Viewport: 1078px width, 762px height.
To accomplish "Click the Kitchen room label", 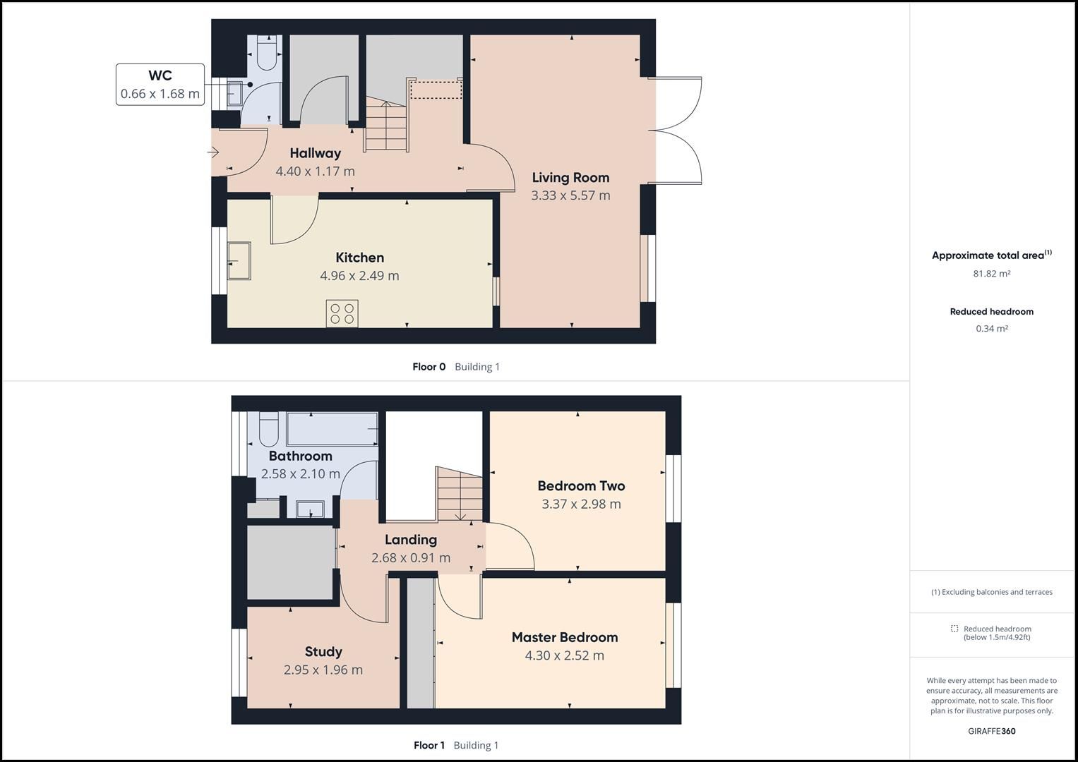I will (x=359, y=258).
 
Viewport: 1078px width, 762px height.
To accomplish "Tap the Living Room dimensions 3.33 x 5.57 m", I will (x=570, y=195).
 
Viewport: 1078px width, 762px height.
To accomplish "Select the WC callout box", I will (x=160, y=85).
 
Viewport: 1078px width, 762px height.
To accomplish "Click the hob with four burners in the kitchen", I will (x=342, y=313).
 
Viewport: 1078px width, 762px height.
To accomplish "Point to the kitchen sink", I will (x=239, y=260).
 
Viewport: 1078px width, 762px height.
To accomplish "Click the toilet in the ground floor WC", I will (x=266, y=55).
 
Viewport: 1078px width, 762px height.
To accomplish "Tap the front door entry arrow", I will (x=213, y=152).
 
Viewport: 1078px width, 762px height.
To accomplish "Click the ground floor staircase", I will (x=386, y=126).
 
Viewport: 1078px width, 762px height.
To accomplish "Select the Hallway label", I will (x=315, y=153).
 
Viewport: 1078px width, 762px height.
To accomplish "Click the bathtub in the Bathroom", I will (x=332, y=429).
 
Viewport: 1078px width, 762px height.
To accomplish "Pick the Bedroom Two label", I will (x=581, y=485).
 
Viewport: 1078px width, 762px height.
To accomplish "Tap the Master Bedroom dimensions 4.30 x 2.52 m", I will (x=564, y=655).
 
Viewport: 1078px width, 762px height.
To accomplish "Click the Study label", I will (x=323, y=652).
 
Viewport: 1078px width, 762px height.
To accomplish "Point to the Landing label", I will (x=410, y=540).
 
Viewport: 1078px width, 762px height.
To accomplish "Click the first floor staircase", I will (x=460, y=494).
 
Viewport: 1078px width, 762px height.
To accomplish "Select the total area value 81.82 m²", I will (x=991, y=274).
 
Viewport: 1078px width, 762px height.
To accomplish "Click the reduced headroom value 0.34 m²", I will (x=991, y=329).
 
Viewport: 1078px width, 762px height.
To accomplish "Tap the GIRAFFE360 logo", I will (x=991, y=731).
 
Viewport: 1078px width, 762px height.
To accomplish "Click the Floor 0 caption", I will (x=429, y=367).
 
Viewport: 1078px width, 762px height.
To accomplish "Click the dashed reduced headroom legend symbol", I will (x=954, y=629).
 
